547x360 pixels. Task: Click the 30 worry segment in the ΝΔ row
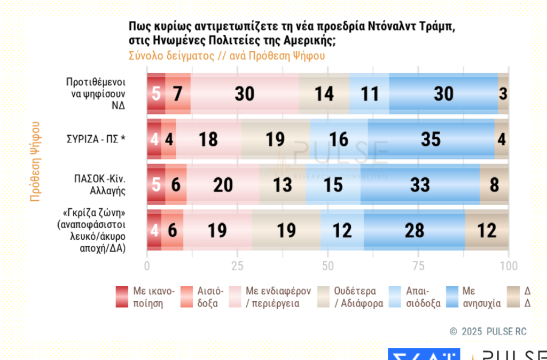443,94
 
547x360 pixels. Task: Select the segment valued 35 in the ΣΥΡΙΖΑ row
431,139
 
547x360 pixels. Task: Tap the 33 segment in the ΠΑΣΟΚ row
420,185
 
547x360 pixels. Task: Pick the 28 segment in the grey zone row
414,230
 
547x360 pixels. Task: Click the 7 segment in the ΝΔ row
178,94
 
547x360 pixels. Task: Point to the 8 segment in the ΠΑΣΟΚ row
494,185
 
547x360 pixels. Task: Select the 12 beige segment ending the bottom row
487,230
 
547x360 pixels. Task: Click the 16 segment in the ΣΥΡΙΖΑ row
339,139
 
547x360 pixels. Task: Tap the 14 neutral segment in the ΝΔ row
324,94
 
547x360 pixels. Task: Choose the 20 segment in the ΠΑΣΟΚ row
223,185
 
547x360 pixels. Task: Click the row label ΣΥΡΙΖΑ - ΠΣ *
96,139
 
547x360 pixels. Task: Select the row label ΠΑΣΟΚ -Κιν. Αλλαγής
96,185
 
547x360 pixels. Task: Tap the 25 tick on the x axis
237,265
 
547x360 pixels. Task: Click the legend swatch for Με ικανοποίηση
122,297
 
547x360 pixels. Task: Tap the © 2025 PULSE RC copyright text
488,332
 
